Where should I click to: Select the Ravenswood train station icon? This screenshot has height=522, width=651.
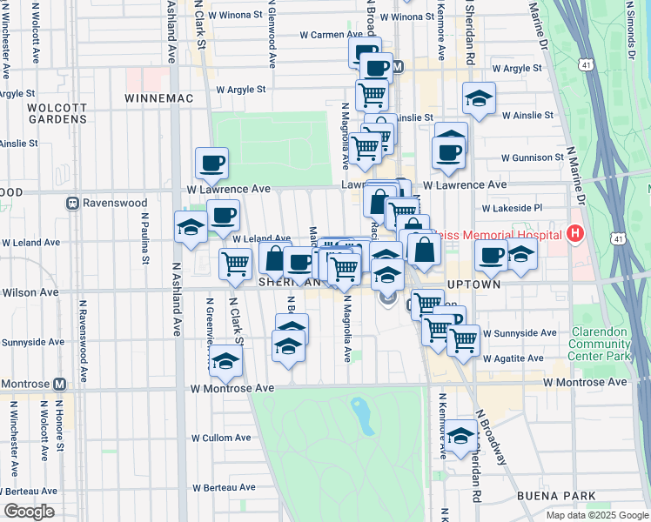click(x=73, y=204)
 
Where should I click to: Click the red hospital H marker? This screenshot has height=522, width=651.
click(x=574, y=233)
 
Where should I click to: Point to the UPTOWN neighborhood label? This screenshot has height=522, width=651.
click(x=474, y=284)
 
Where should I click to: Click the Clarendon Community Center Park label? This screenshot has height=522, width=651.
click(x=601, y=345)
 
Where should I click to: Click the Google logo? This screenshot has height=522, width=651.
click(x=29, y=512)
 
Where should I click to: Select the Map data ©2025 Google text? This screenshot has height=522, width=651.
click(x=596, y=515)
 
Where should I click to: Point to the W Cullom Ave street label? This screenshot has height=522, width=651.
click(x=221, y=438)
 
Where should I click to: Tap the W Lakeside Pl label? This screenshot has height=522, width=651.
click(x=513, y=208)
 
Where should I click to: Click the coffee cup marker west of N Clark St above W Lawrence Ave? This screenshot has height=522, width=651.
click(x=211, y=162)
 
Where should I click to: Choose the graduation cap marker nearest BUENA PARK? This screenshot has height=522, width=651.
click(x=460, y=436)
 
